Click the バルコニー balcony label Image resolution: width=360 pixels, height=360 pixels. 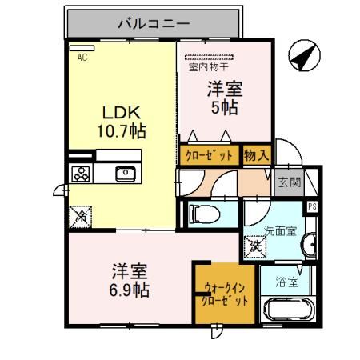pyautogui.click(x=154, y=24)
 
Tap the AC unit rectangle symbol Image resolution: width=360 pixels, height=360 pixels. pyautogui.click(x=82, y=48)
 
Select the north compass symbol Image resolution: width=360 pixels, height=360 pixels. pyautogui.click(x=304, y=55)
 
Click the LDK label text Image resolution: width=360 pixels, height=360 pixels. pyautogui.click(x=122, y=113)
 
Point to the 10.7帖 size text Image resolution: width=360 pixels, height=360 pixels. pyautogui.click(x=122, y=131)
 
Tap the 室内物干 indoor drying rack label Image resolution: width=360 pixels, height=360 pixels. pyautogui.click(x=209, y=66)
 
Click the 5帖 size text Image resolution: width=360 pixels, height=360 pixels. pyautogui.click(x=225, y=108)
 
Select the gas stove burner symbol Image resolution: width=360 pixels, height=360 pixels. pyautogui.click(x=82, y=174)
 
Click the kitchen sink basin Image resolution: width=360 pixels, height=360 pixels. pyautogui.click(x=126, y=174)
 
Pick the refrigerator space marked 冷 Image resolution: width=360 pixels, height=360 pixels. pyautogui.click(x=81, y=217)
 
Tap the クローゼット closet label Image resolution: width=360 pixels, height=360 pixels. pyautogui.click(x=209, y=155)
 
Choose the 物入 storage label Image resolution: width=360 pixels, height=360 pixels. pyautogui.click(x=256, y=155)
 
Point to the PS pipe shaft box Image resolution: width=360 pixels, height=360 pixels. pyautogui.click(x=312, y=206)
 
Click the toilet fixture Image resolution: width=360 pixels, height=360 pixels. pyautogui.click(x=204, y=214)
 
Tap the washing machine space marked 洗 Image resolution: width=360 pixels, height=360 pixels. pyautogui.click(x=255, y=246)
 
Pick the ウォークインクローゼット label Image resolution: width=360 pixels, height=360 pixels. pyautogui.click(x=225, y=295)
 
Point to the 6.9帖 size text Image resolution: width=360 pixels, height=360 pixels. pyautogui.click(x=130, y=290)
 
